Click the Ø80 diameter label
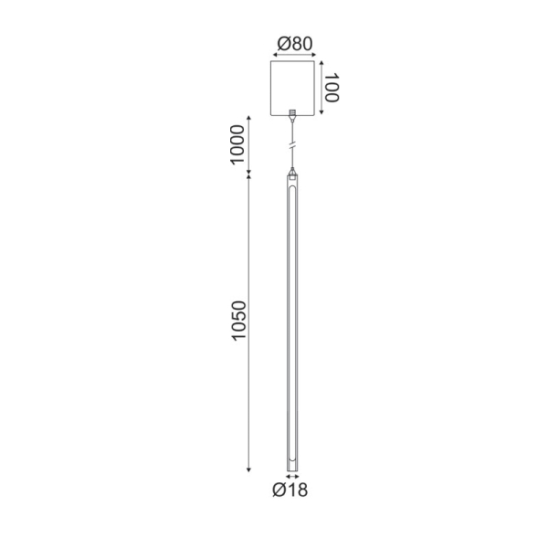point(292,42)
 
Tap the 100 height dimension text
point(332,89)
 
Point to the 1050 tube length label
point(238,321)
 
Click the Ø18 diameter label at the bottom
point(290,491)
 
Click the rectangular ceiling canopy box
point(292,87)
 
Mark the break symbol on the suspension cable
point(292,145)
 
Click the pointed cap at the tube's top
point(292,171)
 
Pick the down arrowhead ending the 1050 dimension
point(249,469)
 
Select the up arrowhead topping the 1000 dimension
point(249,121)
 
